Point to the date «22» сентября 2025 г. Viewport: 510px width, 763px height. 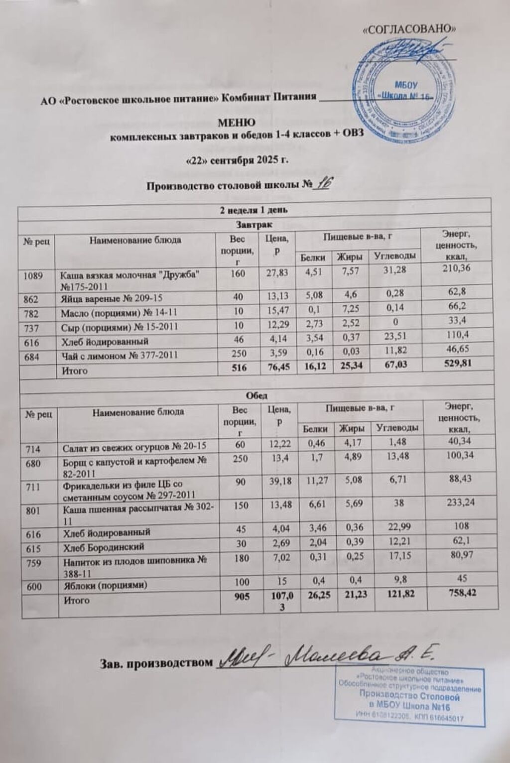(237, 160)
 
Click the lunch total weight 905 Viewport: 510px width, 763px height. (241, 600)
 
